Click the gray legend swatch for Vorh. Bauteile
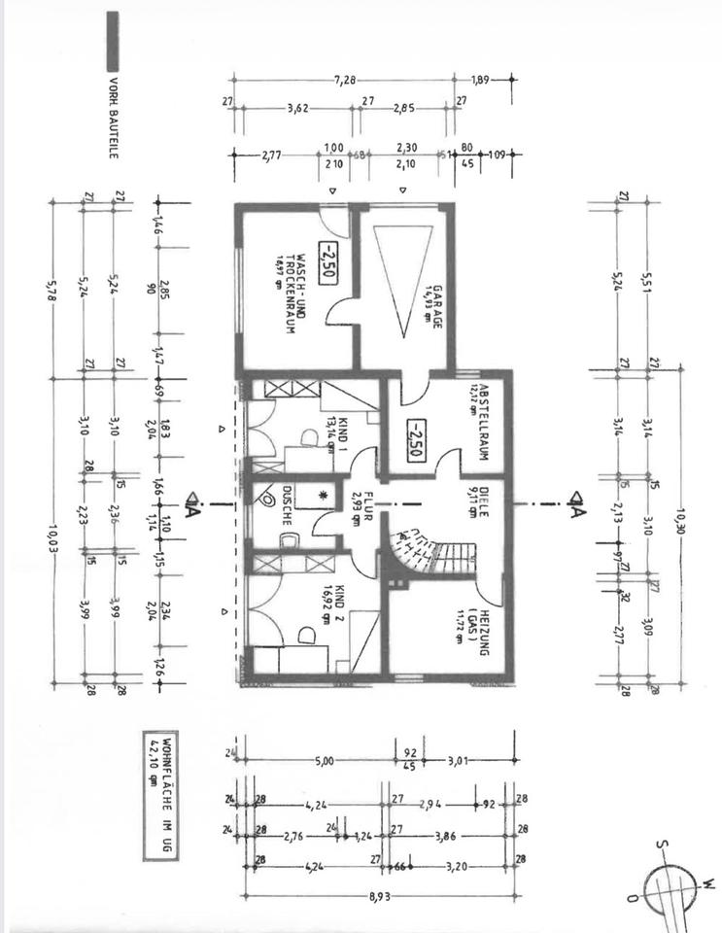113,39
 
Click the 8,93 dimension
378,896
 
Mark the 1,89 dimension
482,80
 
